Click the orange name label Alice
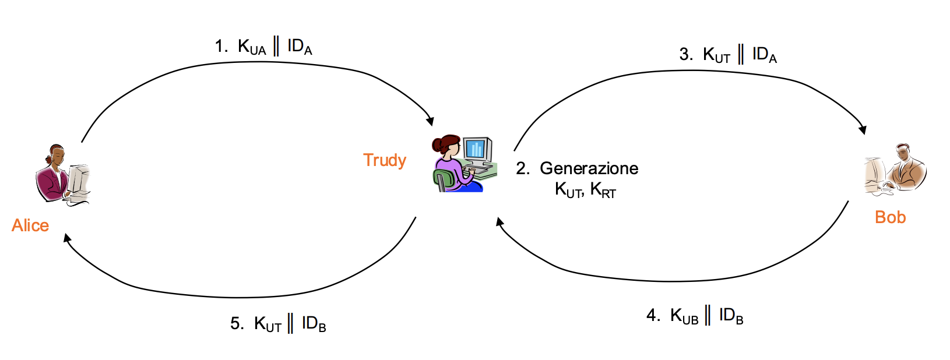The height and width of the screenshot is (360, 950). [x=30, y=225]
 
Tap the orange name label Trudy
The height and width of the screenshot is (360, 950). [x=384, y=160]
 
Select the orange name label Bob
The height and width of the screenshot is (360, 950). [x=890, y=217]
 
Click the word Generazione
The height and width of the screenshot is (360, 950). [x=589, y=168]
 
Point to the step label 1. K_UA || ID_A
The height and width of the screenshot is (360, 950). [x=263, y=47]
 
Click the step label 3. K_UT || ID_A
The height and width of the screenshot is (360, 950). [x=728, y=55]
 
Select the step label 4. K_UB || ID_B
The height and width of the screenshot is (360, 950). [x=695, y=316]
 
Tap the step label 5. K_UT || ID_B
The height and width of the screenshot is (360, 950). [x=278, y=324]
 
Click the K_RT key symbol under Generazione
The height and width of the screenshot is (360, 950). [x=603, y=190]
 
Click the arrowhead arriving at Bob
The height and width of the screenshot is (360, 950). [x=863, y=130]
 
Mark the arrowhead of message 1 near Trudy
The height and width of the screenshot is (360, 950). [x=430, y=121]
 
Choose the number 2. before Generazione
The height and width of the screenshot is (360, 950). [x=522, y=168]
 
